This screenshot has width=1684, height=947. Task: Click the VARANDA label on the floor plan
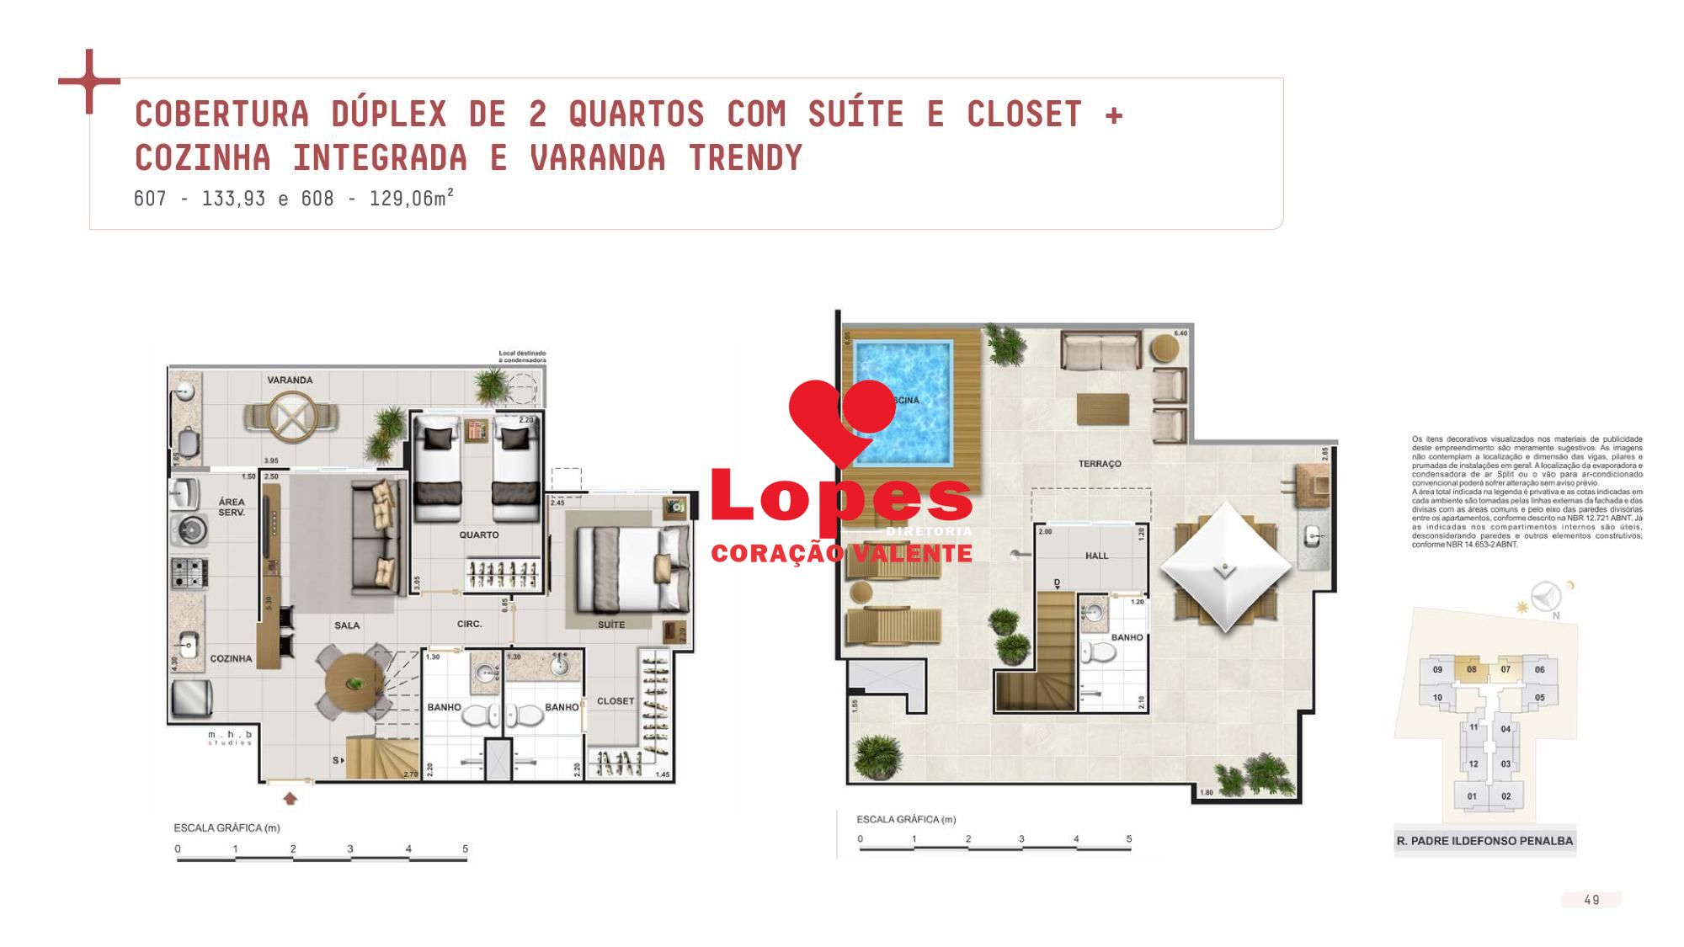(290, 380)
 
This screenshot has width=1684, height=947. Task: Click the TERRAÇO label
(1100, 464)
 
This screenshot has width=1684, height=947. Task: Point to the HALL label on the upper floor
(1096, 556)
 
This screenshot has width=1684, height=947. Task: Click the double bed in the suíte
(631, 568)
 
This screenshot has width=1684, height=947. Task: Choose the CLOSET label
(615, 701)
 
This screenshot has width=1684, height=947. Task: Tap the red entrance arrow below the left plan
(290, 798)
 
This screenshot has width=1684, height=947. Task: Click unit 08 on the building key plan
(1472, 670)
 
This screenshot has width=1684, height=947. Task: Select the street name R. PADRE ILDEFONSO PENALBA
(1484, 841)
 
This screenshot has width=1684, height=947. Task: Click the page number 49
(1591, 900)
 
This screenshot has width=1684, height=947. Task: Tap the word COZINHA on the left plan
(231, 659)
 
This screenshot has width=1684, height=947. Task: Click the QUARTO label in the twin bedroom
(478, 535)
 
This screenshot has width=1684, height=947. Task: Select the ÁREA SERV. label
(232, 507)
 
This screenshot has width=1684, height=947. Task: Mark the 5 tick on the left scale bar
(465, 849)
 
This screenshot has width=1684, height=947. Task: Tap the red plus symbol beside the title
(89, 82)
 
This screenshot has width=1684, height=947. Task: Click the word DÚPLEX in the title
(388, 114)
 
